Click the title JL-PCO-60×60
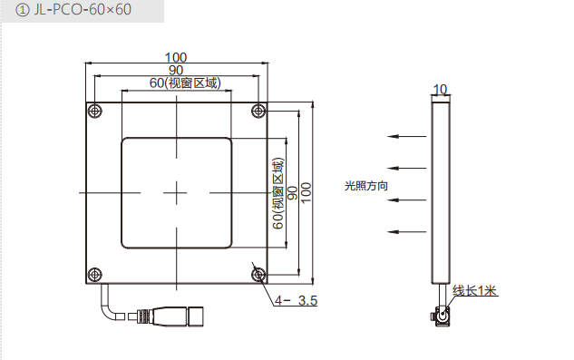click(83, 10)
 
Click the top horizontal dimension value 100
click(176, 57)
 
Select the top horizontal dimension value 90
click(176, 70)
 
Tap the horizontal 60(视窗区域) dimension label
click(185, 83)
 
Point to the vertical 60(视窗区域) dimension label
click(278, 193)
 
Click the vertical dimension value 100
click(306, 192)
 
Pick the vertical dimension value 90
click(293, 193)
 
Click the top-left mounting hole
click(95, 111)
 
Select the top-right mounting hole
click(258, 111)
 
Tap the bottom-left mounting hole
click(95, 274)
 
